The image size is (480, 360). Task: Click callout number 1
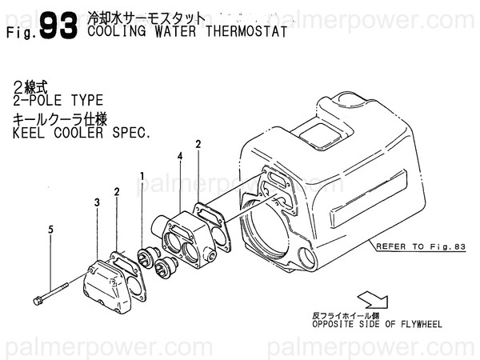coord(142,175)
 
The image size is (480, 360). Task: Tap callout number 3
coord(97,204)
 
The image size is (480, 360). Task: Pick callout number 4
coord(180,158)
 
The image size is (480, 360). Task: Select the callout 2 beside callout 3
coord(117,192)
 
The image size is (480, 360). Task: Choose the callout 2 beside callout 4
coord(197,144)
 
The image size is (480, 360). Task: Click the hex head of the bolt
coord(38,301)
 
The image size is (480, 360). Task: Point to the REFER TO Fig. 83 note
coord(421,247)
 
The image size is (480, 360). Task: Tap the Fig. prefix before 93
coord(19,34)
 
